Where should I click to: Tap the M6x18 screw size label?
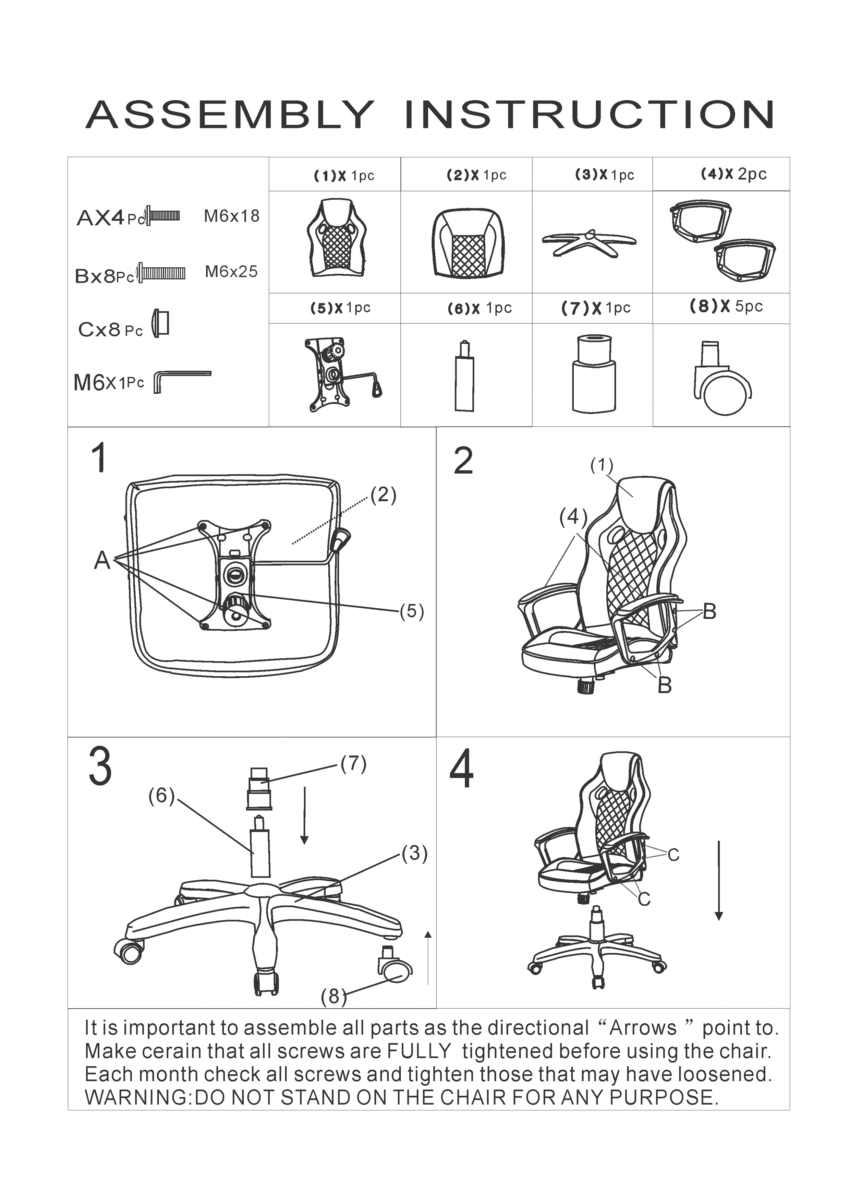tap(231, 216)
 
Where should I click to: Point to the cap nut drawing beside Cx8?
tap(160, 323)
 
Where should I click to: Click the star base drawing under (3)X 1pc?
tap(589, 242)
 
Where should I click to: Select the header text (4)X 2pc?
tap(734, 174)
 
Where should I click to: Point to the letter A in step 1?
tap(102, 560)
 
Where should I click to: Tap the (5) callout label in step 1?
tap(412, 611)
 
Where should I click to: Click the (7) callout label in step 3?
tap(353, 764)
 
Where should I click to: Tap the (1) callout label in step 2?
tap(602, 465)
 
